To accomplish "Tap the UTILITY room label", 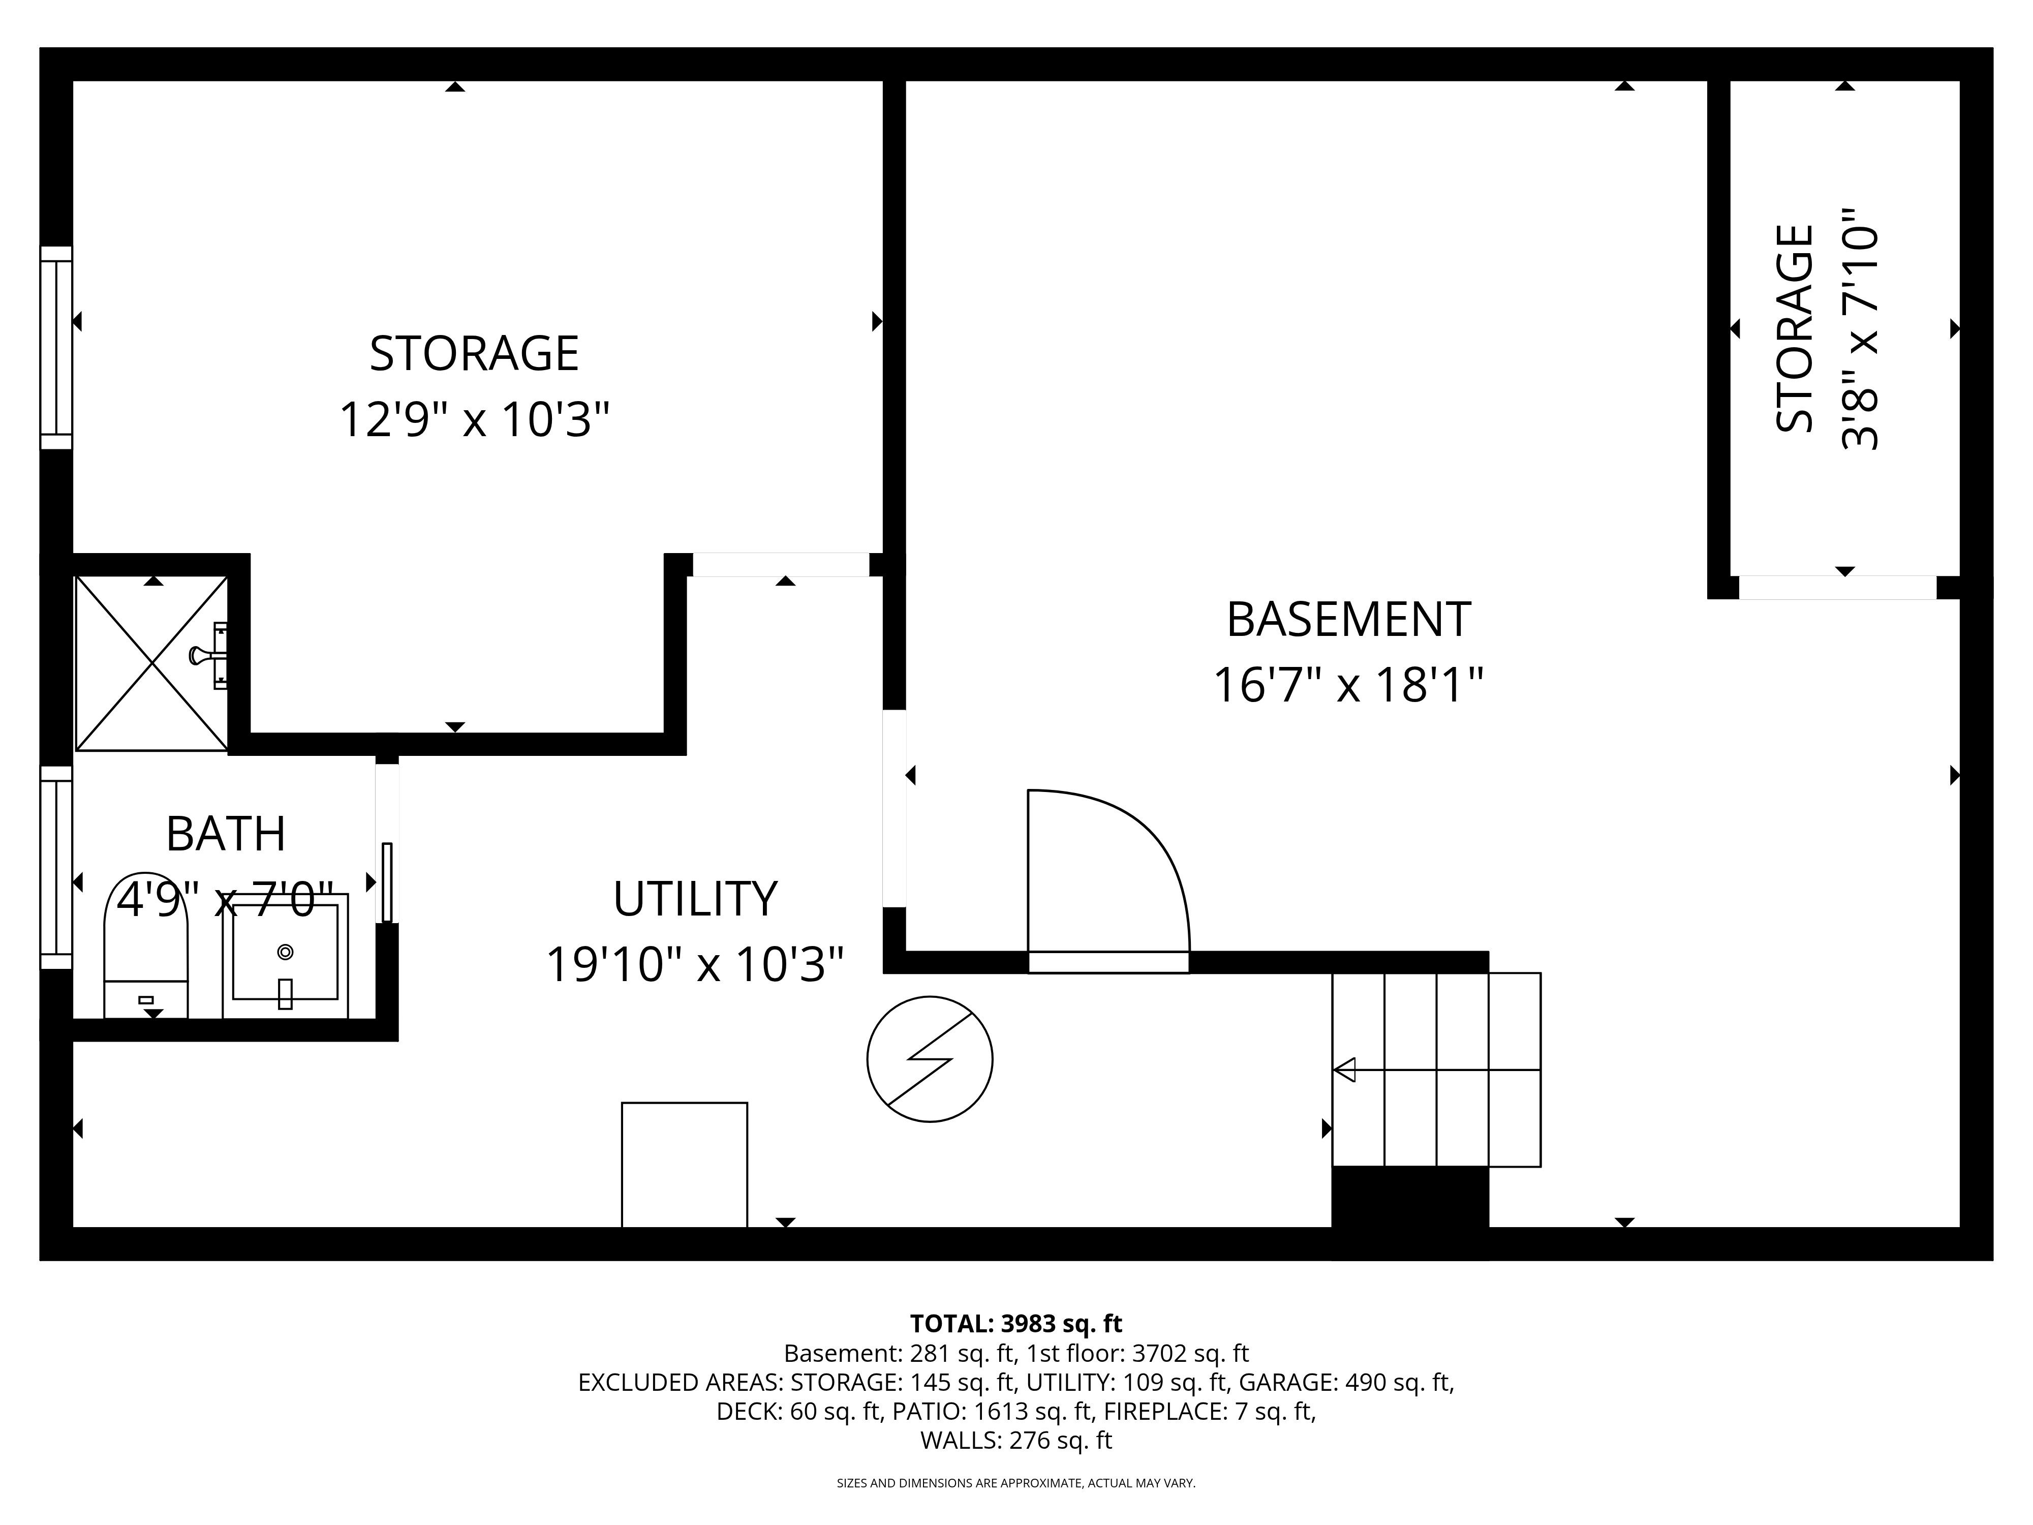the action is coord(695,899).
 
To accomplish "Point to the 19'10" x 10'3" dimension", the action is coord(695,965).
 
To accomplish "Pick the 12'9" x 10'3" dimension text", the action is coord(474,419).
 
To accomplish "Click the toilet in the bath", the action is coord(146,945).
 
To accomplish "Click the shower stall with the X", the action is coord(151,662).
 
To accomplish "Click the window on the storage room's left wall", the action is coord(56,348).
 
